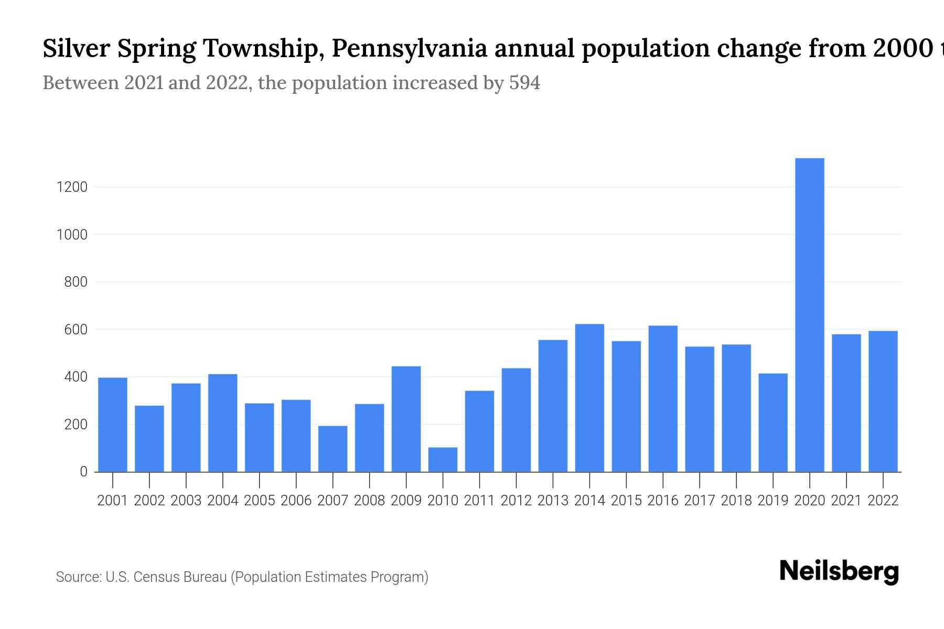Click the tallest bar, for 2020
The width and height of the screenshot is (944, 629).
click(x=810, y=314)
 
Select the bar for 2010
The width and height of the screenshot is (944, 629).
click(x=443, y=460)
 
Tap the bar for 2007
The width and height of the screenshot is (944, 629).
click(x=332, y=449)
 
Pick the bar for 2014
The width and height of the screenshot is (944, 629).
click(x=589, y=398)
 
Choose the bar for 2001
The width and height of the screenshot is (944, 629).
click(x=113, y=425)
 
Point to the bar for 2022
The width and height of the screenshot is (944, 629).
click(x=883, y=401)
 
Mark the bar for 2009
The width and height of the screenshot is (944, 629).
click(x=406, y=419)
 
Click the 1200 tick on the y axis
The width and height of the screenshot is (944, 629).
click(x=72, y=187)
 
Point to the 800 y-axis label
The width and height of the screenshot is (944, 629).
click(x=76, y=282)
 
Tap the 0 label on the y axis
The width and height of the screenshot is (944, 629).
click(x=83, y=472)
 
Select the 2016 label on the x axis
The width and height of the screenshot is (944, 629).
click(x=663, y=501)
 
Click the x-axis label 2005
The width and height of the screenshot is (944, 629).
click(x=260, y=501)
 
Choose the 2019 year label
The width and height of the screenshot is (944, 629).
click(x=773, y=501)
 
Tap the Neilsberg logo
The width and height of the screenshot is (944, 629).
click(x=839, y=572)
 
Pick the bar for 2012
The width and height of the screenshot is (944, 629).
click(x=516, y=420)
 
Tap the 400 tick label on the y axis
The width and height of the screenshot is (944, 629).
click(x=76, y=377)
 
